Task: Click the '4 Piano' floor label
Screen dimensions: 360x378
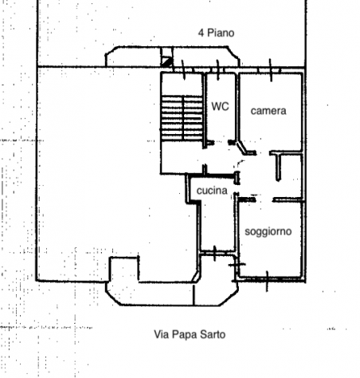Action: pyautogui.click(x=216, y=33)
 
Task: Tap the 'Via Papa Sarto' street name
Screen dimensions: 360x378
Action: pyautogui.click(x=190, y=334)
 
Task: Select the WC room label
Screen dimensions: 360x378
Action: pyautogui.click(x=220, y=106)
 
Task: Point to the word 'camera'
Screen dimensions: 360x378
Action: pyautogui.click(x=268, y=111)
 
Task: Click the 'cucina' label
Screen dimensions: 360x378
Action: pyautogui.click(x=212, y=191)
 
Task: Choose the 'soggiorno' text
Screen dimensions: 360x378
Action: pyautogui.click(x=268, y=231)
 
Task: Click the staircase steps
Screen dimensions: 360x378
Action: pyautogui.click(x=182, y=118)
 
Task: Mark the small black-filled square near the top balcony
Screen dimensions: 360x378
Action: pyautogui.click(x=166, y=62)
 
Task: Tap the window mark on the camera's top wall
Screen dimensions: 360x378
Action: pyautogui.click(x=271, y=70)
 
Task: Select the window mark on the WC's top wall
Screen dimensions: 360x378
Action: pyautogui.click(x=218, y=70)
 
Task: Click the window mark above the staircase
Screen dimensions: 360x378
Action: pyautogui.click(x=183, y=70)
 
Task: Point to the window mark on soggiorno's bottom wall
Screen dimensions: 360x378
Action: pyautogui.click(x=267, y=282)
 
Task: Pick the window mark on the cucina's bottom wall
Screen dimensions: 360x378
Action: pyautogui.click(x=214, y=254)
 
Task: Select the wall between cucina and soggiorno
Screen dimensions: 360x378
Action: pyautogui.click(x=236, y=222)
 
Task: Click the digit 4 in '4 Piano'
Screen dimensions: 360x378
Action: pyautogui.click(x=201, y=33)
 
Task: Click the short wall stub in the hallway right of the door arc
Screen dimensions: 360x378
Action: pyautogui.click(x=278, y=167)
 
